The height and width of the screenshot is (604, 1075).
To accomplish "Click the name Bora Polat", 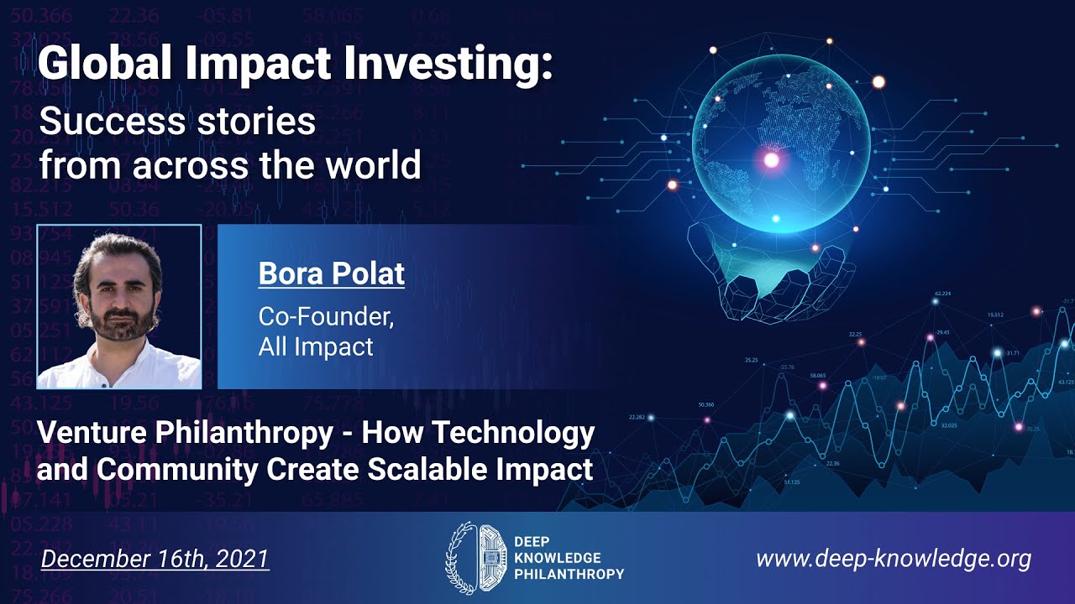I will click(331, 273).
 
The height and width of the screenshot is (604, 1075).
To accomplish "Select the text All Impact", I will click(316, 346).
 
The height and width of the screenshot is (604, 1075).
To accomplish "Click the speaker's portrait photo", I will click(118, 307).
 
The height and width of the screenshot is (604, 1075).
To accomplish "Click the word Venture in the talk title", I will click(92, 434).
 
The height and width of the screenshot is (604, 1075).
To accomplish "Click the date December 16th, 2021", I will click(155, 559).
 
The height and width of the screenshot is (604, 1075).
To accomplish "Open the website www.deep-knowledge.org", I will click(893, 559).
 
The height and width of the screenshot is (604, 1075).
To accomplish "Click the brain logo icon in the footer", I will click(475, 558).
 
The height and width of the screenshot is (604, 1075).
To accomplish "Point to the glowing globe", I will click(781, 147).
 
